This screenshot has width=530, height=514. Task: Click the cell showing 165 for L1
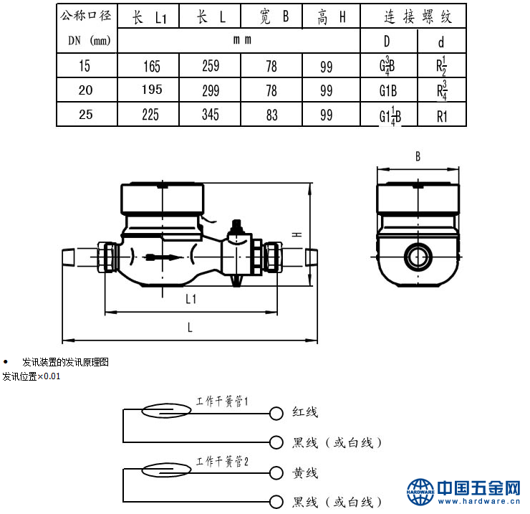coord(152,66)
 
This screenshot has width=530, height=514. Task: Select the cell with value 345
coord(211,115)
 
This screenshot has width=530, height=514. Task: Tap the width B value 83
coord(271,115)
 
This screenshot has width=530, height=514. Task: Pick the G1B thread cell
coord(388,91)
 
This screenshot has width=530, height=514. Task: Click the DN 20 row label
coord(85,90)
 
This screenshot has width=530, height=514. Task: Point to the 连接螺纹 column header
coord(418,16)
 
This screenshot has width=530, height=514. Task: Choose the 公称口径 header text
coord(86,15)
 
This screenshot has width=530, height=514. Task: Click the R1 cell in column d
coord(442,116)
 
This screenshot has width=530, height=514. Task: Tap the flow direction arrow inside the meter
coord(163,257)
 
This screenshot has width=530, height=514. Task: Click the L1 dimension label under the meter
coord(191,299)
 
